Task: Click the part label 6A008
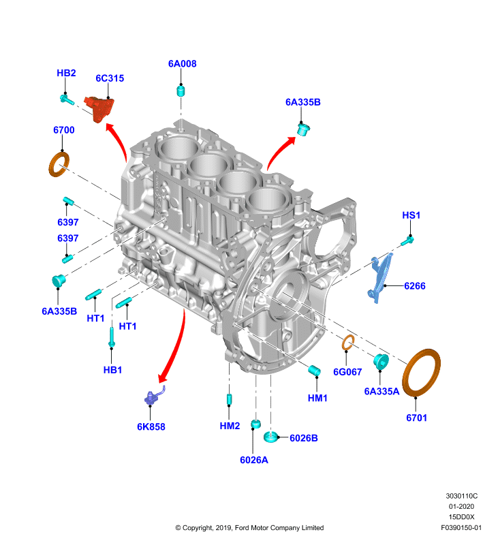click(182, 63)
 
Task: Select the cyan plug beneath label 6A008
click(181, 91)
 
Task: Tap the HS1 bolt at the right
click(407, 240)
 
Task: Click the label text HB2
click(66, 73)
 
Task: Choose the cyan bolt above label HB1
click(112, 337)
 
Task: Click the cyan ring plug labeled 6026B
click(270, 437)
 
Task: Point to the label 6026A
click(254, 460)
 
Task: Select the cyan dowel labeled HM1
click(314, 371)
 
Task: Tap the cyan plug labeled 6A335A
click(381, 362)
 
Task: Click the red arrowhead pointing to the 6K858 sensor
click(164, 377)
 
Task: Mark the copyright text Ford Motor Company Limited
click(279, 527)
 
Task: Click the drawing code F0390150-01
click(461, 527)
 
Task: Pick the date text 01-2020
click(461, 506)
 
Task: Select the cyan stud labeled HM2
click(229, 399)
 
